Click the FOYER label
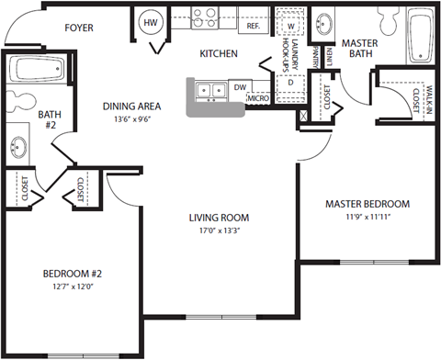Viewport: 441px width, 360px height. pyautogui.click(x=81, y=28)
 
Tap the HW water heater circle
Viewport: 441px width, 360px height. pyautogui.click(x=150, y=22)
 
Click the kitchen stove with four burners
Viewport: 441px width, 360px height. pyautogui.click(x=204, y=17)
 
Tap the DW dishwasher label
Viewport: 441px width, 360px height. pyautogui.click(x=239, y=87)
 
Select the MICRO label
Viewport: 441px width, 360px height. pyautogui.click(x=257, y=97)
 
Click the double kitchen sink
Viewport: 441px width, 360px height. pyautogui.click(x=209, y=90)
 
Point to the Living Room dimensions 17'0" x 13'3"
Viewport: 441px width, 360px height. pyautogui.click(x=220, y=232)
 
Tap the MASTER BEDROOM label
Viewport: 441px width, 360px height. pyautogui.click(x=367, y=204)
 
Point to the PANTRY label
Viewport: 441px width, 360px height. pyautogui.click(x=314, y=57)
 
